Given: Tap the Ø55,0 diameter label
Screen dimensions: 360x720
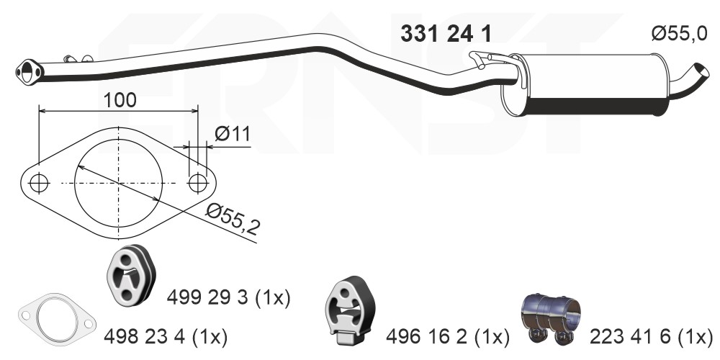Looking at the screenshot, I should coord(680,33).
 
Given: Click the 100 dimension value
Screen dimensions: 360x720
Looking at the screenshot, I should coord(120,99).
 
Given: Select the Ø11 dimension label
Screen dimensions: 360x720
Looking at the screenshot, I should coord(232,133).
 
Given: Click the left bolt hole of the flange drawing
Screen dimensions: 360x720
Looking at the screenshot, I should coord(39,183).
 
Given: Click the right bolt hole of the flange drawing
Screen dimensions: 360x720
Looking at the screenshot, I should coord(197,183).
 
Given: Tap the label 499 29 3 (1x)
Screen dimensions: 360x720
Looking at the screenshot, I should coord(228,297).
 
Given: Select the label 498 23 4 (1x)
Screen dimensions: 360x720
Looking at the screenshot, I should coord(166,335).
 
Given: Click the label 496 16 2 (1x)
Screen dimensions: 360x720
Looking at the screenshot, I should coord(447,335).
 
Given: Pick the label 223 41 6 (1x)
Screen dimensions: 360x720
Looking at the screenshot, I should coord(651,335).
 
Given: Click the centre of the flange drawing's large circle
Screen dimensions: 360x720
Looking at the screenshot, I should coord(118,183).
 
